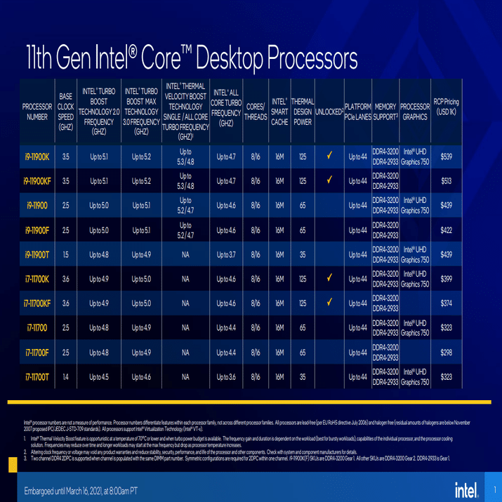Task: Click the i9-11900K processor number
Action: coord(37,157)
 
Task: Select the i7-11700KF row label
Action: coord(37,303)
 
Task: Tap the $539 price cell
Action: coord(446,157)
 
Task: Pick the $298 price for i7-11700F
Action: coord(446,352)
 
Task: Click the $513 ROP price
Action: coord(446,181)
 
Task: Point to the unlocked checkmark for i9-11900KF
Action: coord(329,180)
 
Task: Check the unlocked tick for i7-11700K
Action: coord(329,279)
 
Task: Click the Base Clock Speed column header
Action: coord(65,112)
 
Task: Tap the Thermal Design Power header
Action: coord(302,112)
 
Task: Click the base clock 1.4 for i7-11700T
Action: coord(65,377)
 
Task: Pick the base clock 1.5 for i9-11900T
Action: coord(65,255)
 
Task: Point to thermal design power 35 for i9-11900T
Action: coord(303,255)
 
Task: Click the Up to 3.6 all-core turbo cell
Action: coord(226,377)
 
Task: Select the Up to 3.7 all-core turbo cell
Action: coord(226,255)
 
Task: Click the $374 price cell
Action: coord(446,303)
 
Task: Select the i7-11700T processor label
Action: coord(37,377)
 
